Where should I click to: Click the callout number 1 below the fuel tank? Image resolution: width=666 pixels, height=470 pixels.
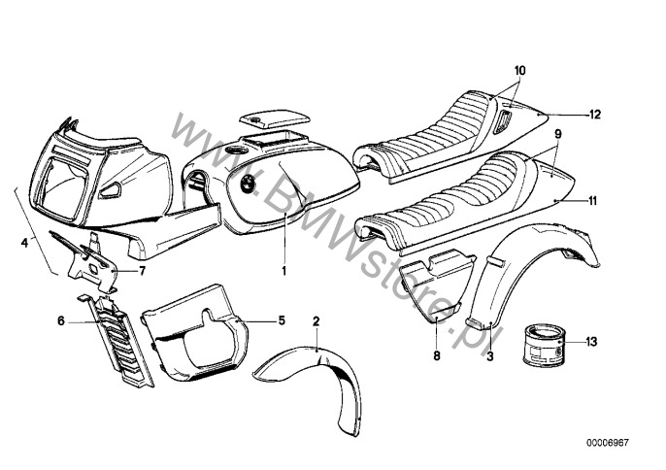pyautogui.click(x=284, y=271)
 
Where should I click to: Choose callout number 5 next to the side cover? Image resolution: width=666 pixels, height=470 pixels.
pyautogui.click(x=283, y=319)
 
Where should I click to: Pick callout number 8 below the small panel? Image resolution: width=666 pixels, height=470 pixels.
pyautogui.click(x=436, y=357)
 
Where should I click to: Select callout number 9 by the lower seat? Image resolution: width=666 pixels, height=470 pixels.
pyautogui.click(x=558, y=132)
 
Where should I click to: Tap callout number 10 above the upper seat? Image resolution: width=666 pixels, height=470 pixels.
pyautogui.click(x=519, y=71)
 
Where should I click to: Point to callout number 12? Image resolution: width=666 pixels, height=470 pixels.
pyautogui.click(x=595, y=114)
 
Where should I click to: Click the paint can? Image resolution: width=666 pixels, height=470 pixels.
pyautogui.click(x=544, y=348)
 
